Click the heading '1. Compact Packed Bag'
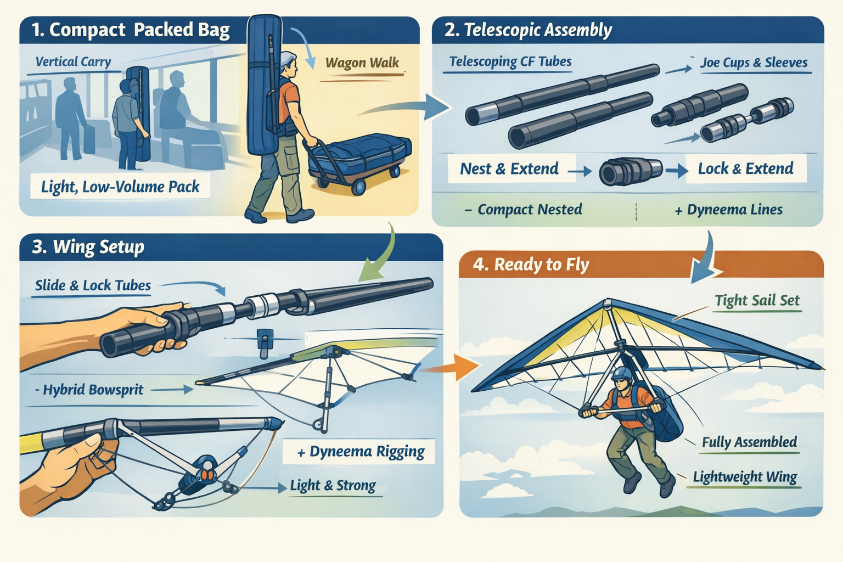[131, 30]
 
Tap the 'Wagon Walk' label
[362, 63]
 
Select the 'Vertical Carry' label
[73, 61]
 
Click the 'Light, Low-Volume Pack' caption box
[120, 186]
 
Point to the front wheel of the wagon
[358, 187]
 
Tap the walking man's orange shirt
[289, 97]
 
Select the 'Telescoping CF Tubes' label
[510, 61]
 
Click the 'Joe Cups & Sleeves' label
[754, 63]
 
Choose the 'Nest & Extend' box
[509, 168]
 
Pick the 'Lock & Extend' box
[745, 168]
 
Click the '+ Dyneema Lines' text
[729, 210]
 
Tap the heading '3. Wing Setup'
[88, 248]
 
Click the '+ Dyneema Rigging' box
[358, 451]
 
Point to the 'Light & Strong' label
[333, 486]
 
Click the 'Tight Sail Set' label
[757, 300]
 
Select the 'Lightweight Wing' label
[745, 477]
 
